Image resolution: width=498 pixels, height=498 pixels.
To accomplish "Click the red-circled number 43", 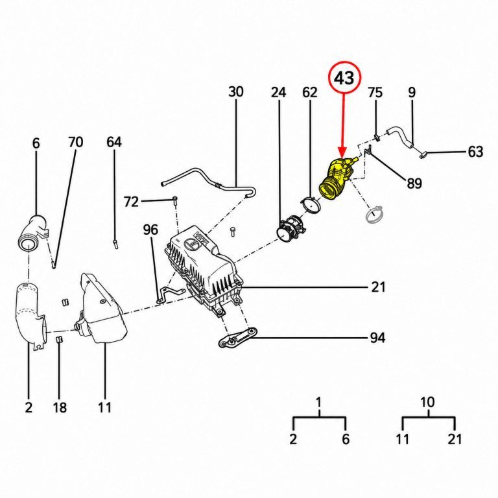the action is pos(344,78).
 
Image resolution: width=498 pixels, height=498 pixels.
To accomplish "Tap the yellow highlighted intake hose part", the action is pos(337,178).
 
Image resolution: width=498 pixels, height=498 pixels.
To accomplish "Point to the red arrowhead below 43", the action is pos(342,152).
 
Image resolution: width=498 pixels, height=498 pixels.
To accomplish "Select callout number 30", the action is pos(236,91).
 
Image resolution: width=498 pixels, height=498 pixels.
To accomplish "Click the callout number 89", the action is pos(414,184).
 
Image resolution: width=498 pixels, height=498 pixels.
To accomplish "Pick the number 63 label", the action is pos(475,152).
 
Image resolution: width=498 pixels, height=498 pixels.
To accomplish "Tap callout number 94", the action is pos(377,338).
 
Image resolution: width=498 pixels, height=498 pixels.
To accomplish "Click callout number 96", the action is pos(150,230).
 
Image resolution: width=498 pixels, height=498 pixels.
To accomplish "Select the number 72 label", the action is pos(131,202).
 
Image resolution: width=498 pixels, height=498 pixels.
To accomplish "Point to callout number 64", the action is pos(114,142).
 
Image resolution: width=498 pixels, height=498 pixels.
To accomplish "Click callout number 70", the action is pos(76,142).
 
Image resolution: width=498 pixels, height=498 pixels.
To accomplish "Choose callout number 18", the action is pos(60,407).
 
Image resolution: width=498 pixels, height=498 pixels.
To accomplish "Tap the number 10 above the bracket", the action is pos(427,402).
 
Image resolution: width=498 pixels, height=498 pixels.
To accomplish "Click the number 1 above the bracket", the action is pos(318,402).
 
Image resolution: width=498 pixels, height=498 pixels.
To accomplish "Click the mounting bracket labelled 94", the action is pos(237,338).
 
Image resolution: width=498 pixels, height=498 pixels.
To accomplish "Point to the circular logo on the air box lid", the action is pos(191,244).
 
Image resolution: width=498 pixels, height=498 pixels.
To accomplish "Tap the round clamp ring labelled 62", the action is pos(311,204).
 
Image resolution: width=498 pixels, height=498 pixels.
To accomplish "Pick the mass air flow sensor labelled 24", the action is pos(290,228).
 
